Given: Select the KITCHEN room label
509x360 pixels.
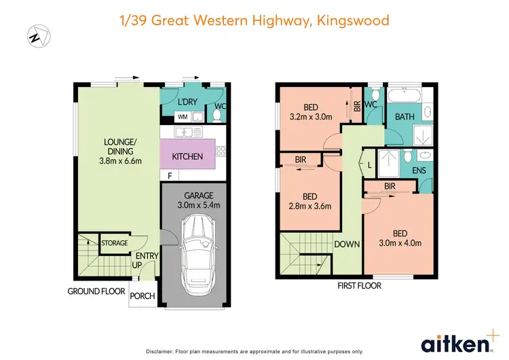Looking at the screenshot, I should pyautogui.click(x=187, y=157).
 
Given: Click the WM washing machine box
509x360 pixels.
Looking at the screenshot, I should pyautogui.click(x=183, y=117).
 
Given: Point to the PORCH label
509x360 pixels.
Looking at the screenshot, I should pyautogui.click(x=143, y=296).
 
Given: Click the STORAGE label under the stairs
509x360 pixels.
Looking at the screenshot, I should pyautogui.click(x=115, y=242).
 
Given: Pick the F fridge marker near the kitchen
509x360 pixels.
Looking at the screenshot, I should pyautogui.click(x=170, y=176).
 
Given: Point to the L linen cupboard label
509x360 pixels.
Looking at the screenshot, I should pyautogui.click(x=369, y=164).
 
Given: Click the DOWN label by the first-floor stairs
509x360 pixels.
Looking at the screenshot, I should pyautogui.click(x=346, y=243).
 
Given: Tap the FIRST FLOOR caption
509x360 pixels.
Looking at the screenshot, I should pyautogui.click(x=359, y=286).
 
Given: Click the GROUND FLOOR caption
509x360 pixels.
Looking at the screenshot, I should pyautogui.click(x=96, y=291).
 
